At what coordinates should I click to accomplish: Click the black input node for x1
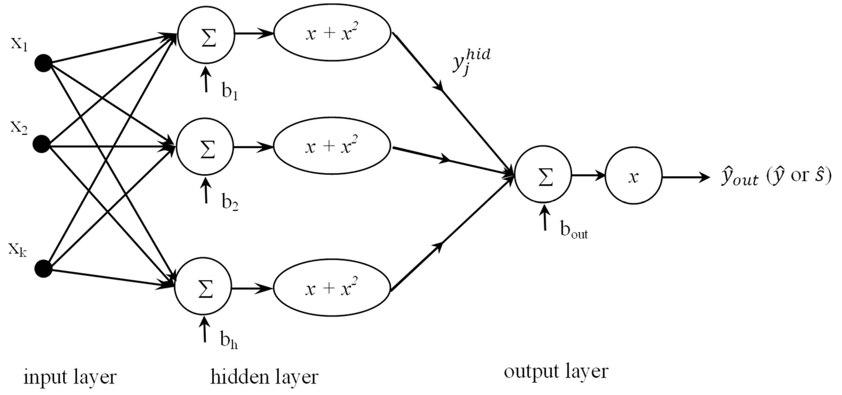(x=43, y=63)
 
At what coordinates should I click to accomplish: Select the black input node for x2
(x=42, y=144)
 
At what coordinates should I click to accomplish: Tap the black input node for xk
(x=43, y=269)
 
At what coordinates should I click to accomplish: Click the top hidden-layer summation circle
(x=206, y=35)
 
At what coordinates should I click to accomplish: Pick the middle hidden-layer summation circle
(x=205, y=147)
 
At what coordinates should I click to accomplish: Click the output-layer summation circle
(x=543, y=174)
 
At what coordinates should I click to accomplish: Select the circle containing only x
(x=633, y=176)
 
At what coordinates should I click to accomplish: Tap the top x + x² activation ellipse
(x=332, y=33)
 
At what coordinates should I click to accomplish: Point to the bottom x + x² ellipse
(x=331, y=288)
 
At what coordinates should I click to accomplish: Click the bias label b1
(x=230, y=92)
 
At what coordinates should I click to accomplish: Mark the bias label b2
(x=230, y=203)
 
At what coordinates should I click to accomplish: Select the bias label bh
(x=229, y=341)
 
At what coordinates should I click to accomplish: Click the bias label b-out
(x=574, y=230)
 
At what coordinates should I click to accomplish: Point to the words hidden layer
(x=264, y=377)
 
